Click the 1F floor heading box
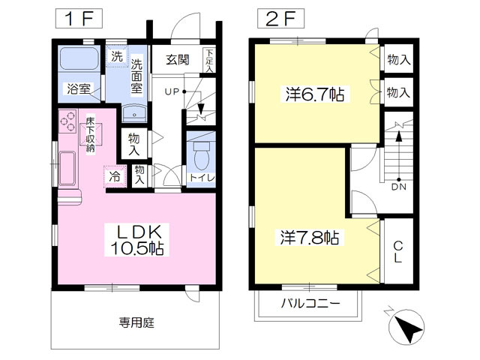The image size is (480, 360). coord(79,19)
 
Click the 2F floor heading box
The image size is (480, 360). coord(280,19)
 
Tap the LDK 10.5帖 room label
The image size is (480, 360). coord(136,240)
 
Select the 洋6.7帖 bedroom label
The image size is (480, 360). coord(315,94)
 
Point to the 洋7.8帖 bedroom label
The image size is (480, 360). coord(310,237)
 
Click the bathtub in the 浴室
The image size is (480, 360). coord(79,58)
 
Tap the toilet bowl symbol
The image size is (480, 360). coord(202,156)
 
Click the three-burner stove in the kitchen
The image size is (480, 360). coord(67,121)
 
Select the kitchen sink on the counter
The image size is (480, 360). coord(67,169)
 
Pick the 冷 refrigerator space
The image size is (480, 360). coord(115,176)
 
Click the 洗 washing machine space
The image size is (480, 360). coord(117,56)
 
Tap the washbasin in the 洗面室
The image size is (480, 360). coord(134,113)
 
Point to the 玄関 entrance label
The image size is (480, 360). coord(178,60)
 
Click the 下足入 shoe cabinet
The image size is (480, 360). coord(209,60)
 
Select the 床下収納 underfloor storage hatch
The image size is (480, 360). coord(91,134)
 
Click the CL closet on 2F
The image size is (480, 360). coord(398,251)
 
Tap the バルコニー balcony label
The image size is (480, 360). coord(310,303)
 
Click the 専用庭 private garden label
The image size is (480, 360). coord(136,322)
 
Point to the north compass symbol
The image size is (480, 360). coord(406,327)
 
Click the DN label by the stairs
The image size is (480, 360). coord(399,187)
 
